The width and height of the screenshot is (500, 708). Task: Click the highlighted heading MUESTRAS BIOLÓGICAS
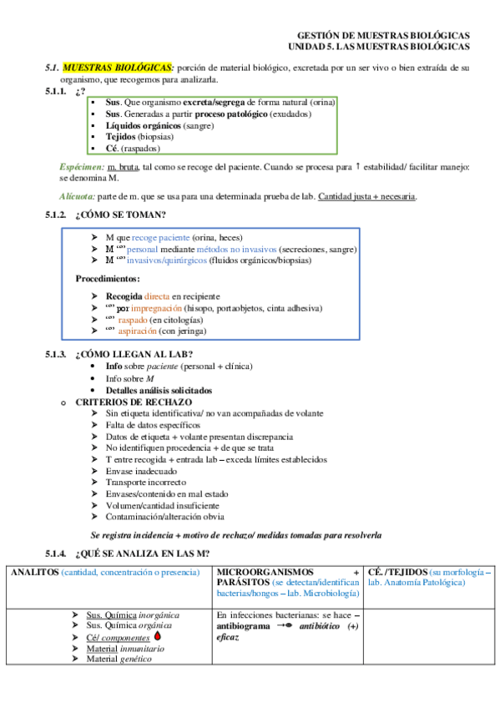pos(118,67)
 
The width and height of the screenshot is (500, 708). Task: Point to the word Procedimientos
pos(108,278)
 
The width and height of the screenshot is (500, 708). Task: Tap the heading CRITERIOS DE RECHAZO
pos(133,402)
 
